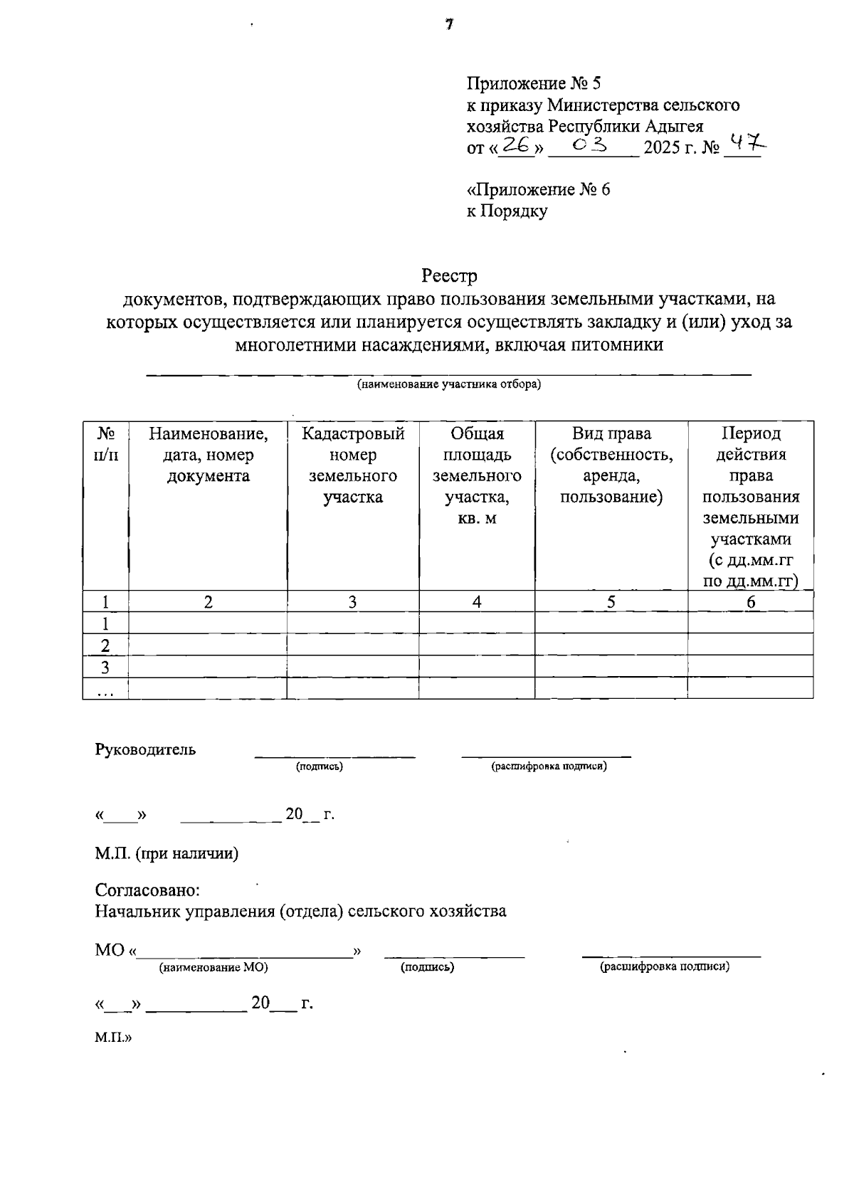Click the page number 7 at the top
coord(449,26)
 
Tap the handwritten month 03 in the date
coord(590,146)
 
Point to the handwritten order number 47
coord(744,145)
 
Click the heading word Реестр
coord(449,275)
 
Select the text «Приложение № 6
coord(538,190)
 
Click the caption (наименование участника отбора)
coord(449,385)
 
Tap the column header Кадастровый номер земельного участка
coord(353,465)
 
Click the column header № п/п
coord(105,443)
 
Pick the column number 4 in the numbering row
coord(477,602)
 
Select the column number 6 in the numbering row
coord(750,602)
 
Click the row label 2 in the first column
coord(105,645)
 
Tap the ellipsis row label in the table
coord(105,689)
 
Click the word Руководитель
coord(145,749)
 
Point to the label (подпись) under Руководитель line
coord(320,766)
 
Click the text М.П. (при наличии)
coord(167,853)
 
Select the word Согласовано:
coord(147,890)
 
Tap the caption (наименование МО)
coord(213,967)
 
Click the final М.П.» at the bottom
coord(113,1038)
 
